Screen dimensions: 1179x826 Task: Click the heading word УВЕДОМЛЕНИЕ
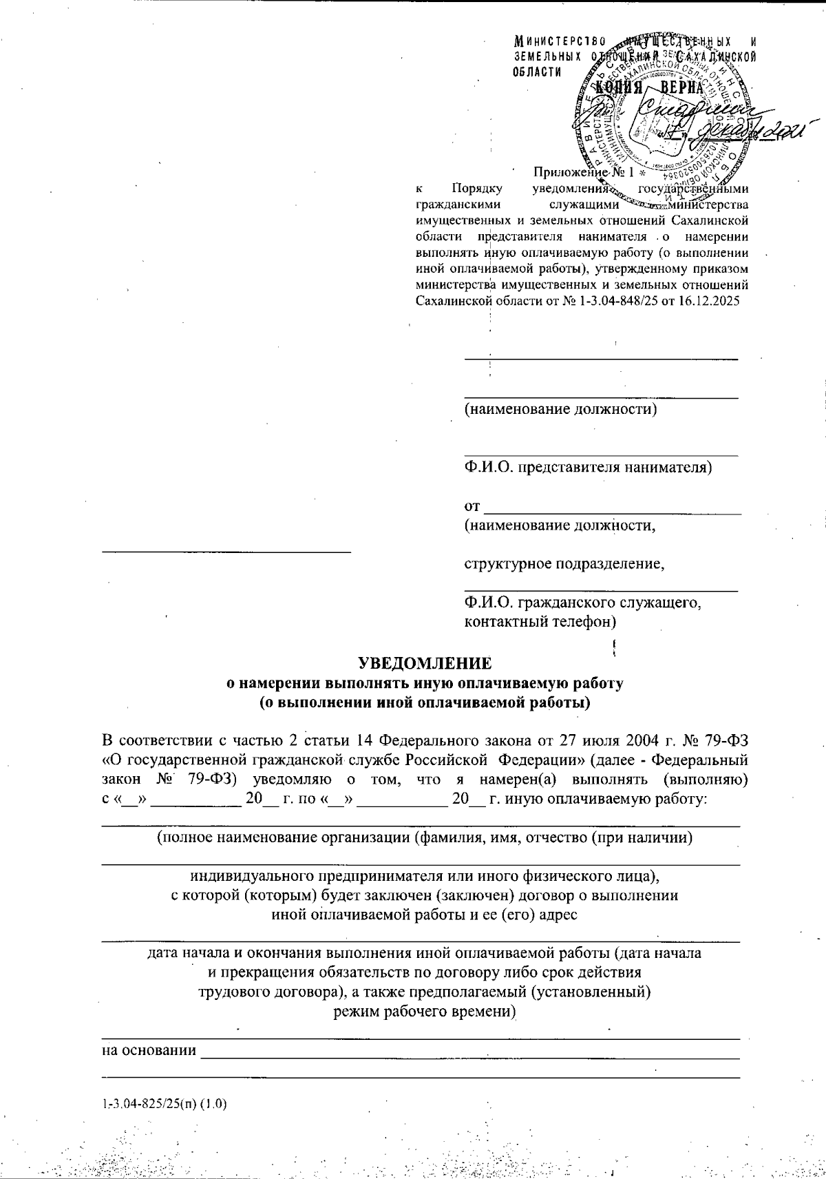click(x=425, y=663)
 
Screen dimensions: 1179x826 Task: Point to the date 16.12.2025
click(x=712, y=300)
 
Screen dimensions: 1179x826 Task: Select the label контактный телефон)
click(x=540, y=622)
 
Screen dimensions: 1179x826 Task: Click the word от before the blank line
click(x=472, y=507)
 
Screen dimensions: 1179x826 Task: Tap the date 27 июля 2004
click(x=628, y=740)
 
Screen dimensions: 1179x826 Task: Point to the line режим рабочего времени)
click(x=425, y=1012)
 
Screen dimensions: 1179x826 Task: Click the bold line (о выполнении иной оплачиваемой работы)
click(x=425, y=703)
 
